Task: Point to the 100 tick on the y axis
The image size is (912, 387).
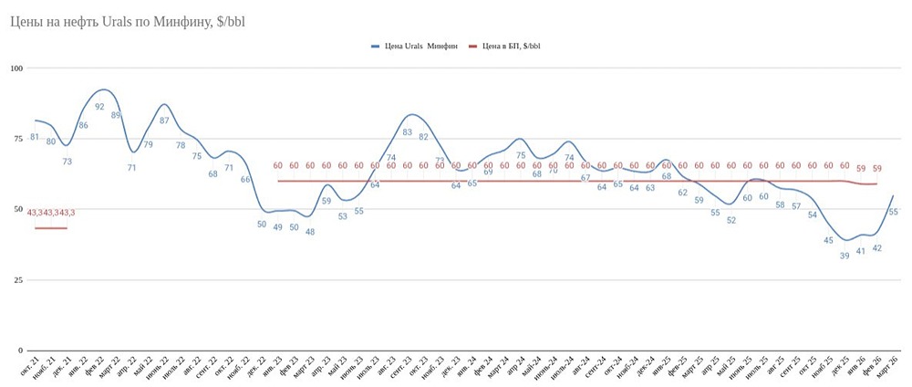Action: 16,68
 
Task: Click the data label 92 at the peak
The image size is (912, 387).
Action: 99,107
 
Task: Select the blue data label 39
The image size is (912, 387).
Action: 845,256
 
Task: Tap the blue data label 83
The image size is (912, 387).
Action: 407,132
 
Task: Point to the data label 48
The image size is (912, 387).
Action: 310,232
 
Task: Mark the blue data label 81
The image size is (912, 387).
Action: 35,137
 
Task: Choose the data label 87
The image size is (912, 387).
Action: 164,120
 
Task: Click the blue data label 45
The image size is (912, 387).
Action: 828,241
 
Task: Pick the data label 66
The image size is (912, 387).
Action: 245,180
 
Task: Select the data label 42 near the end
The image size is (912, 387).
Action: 876,247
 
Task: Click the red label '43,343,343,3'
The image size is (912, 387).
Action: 51,213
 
